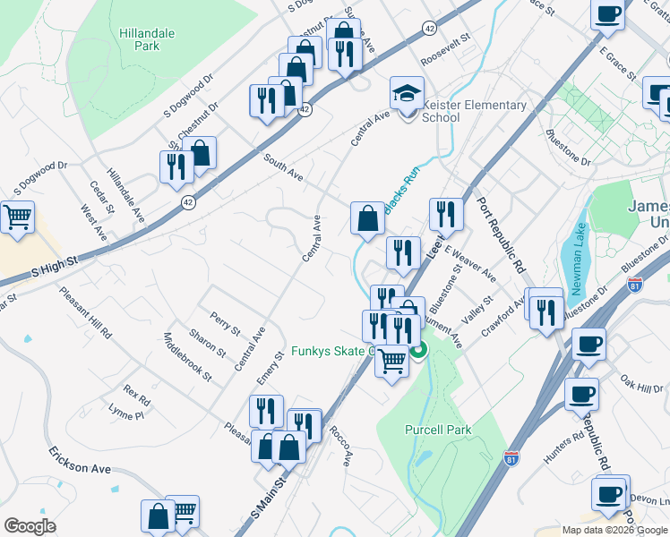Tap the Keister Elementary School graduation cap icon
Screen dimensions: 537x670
(x=406, y=93)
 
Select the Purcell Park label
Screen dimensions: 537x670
(x=437, y=430)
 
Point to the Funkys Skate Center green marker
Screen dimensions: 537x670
(x=417, y=352)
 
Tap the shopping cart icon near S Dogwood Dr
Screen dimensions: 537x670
(x=17, y=217)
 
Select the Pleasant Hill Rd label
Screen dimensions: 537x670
(x=86, y=311)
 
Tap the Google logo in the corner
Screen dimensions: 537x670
(x=30, y=526)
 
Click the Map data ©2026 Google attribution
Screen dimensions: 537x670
(x=614, y=530)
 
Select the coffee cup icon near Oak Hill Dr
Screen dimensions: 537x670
(x=588, y=345)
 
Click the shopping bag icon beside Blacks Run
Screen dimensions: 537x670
(x=367, y=217)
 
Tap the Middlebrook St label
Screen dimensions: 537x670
(x=187, y=356)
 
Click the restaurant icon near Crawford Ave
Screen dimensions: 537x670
(x=544, y=311)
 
